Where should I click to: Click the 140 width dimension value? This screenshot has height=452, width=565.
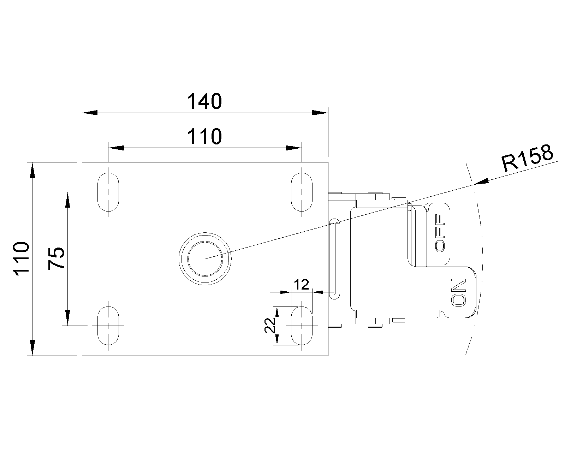coord(205,101)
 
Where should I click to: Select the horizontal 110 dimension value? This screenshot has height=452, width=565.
coord(205,136)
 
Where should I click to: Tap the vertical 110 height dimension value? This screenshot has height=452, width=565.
coord(21,258)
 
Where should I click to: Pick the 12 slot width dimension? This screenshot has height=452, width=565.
coord(302,284)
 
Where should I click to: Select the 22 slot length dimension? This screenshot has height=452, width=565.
coord(269,325)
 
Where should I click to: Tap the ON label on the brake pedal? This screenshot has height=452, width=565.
coord(459,292)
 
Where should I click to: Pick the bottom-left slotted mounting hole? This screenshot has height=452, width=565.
coord(108,325)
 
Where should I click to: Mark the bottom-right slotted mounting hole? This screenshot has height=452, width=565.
coord(302,325)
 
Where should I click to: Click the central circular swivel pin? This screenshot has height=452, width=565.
coord(205,259)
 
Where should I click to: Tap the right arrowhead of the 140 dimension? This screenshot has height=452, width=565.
coord(320,113)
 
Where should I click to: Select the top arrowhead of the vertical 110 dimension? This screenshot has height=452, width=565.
coord(32,170)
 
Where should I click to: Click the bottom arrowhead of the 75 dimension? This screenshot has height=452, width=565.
coord(67,317)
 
